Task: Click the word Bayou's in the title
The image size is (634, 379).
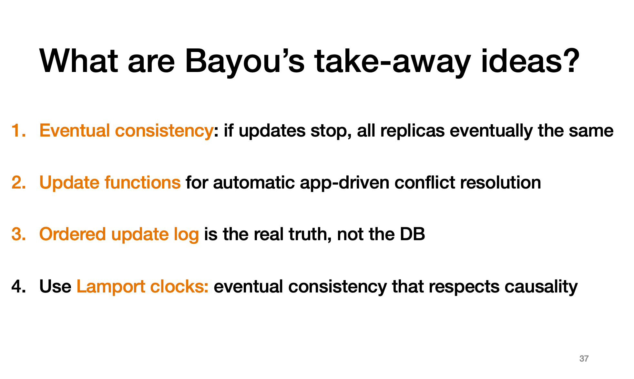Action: [245, 62]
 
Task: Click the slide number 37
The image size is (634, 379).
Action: [584, 359]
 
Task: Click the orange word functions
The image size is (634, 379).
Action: [142, 182]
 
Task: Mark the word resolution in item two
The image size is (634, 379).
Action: [500, 182]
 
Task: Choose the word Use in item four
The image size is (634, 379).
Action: [55, 286]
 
